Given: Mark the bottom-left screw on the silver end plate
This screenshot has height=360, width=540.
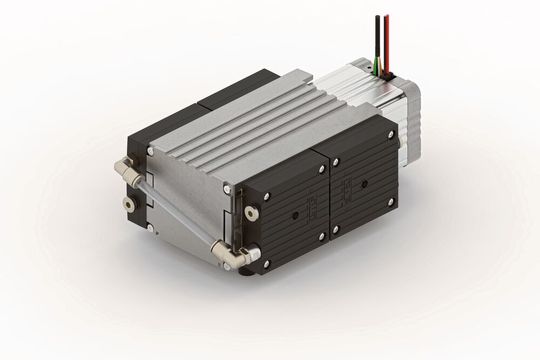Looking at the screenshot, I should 150,228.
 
